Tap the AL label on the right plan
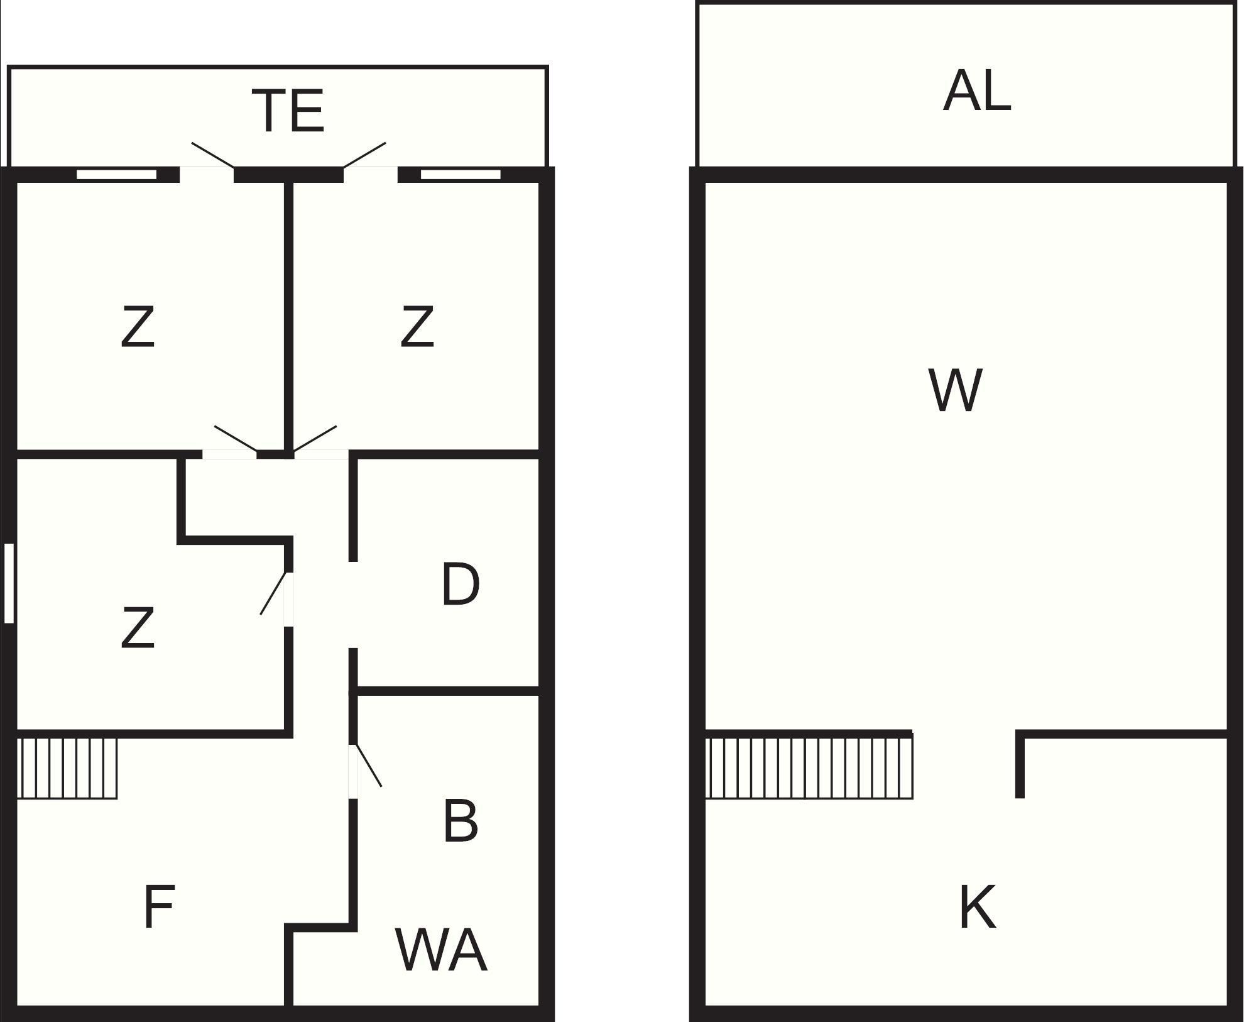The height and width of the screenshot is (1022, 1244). click(x=976, y=92)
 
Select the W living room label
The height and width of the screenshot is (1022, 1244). click(x=954, y=391)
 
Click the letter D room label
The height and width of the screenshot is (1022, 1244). click(x=460, y=585)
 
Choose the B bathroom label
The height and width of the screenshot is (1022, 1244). click(x=460, y=821)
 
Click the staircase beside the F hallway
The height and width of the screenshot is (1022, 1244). click(x=67, y=768)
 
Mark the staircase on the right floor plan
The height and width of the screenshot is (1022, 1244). click(x=809, y=768)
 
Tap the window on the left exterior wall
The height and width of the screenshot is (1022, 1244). click(x=9, y=583)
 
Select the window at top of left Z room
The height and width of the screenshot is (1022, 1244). click(x=117, y=174)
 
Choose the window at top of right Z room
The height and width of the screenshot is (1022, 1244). click(x=461, y=174)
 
